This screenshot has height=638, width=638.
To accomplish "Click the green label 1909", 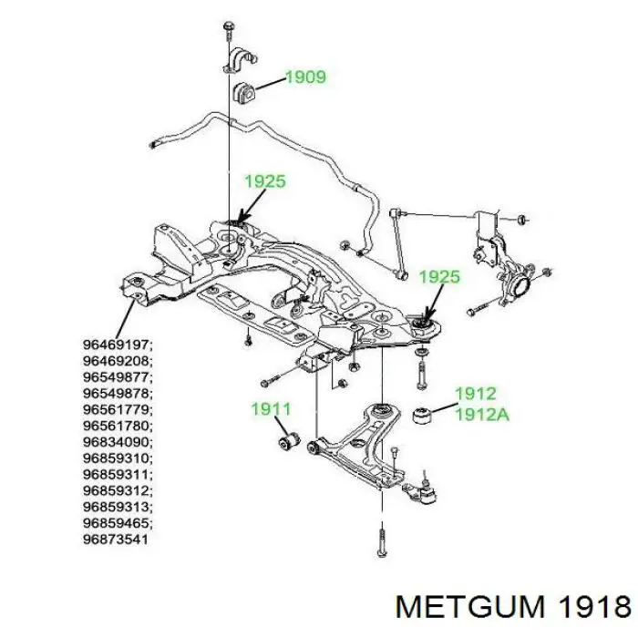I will click(305, 77).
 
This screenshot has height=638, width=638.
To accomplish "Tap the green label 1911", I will click(271, 410).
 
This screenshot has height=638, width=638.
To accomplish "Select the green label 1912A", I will click(482, 414).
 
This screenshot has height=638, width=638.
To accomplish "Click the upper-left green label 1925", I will click(265, 181).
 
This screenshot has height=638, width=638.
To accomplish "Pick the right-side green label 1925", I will click(439, 276).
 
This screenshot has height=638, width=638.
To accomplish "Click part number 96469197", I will click(118, 345).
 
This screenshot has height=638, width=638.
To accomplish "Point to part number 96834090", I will click(118, 442).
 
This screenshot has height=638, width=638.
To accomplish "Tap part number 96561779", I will click(118, 409).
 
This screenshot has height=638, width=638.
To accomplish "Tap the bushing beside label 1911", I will click(287, 442).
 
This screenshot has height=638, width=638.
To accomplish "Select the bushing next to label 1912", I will click(423, 415).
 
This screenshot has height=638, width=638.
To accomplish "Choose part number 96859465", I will click(118, 523).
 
